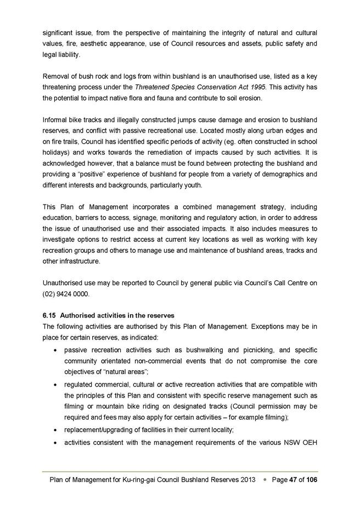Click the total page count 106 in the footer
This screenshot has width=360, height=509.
pyautogui.click(x=310, y=479)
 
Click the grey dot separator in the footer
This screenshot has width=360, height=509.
pyautogui.click(x=264, y=479)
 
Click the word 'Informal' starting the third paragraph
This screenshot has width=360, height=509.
pyautogui.click(x=57, y=120)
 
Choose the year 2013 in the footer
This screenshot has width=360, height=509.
pyautogui.click(x=247, y=479)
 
